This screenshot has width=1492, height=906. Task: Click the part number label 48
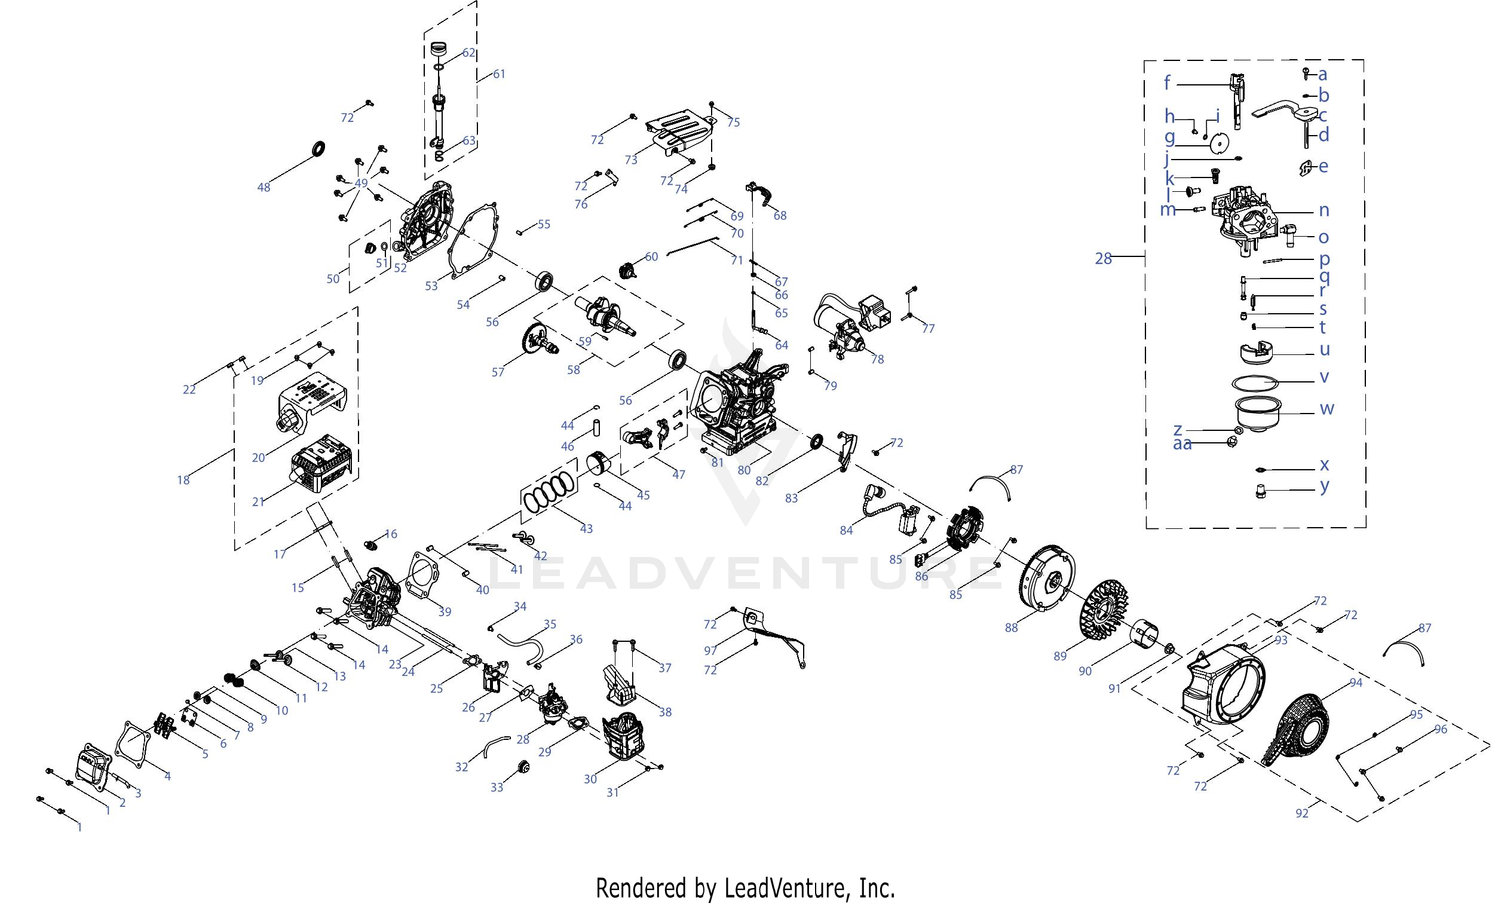(x=264, y=188)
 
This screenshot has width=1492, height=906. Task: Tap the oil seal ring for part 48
(x=318, y=148)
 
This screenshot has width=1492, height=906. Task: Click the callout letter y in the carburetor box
(x=1325, y=486)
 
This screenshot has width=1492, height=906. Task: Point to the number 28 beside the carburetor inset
(x=1103, y=259)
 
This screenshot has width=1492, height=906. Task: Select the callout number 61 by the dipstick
(x=499, y=75)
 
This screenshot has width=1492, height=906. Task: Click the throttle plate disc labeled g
(x=1219, y=144)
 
